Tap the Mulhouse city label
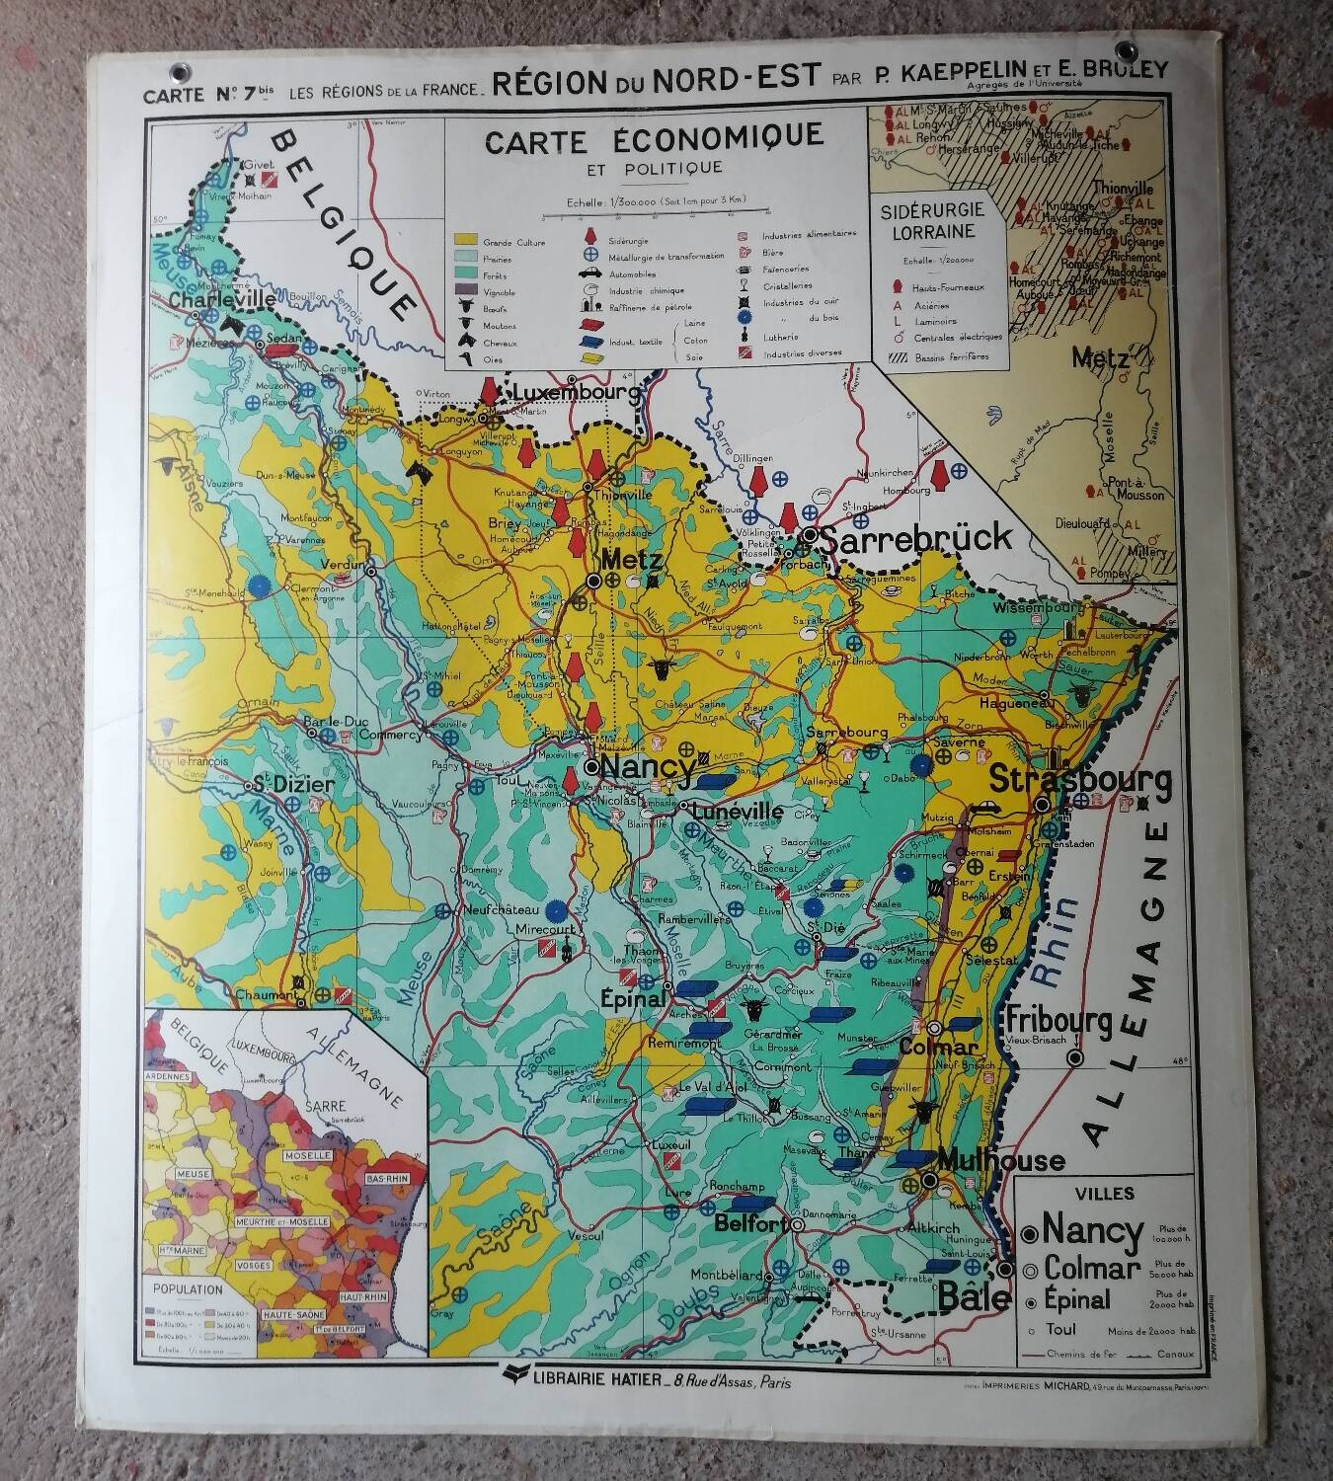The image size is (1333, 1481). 1001,1160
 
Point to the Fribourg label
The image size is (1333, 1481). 1059,1020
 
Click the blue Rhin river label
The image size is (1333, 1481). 1056,943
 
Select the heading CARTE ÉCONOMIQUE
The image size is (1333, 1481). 654,138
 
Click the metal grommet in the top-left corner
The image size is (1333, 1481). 179,72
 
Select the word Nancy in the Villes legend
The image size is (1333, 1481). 1093,1231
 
